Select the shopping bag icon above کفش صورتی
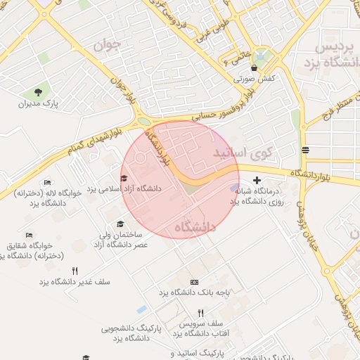[x=254, y=68]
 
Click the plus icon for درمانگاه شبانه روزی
[x=257, y=181]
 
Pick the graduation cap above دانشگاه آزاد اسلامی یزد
[x=124, y=178]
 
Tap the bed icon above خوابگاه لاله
[x=47, y=183]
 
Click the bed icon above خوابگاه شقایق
[x=29, y=236]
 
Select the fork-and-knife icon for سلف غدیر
[x=75, y=271]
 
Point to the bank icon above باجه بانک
[x=194, y=281]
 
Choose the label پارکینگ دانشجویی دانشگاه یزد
[x=131, y=333]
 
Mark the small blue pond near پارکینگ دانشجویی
[x=142, y=309]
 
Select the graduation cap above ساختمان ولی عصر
[x=127, y=224]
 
